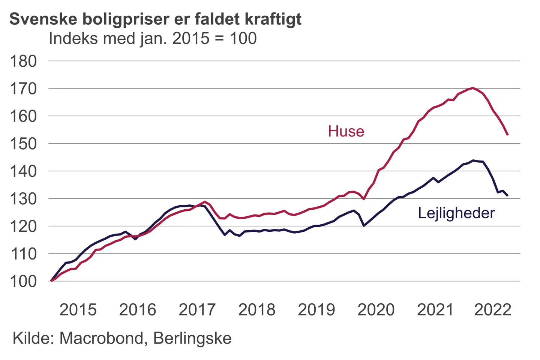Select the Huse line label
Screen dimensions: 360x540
point(346,131)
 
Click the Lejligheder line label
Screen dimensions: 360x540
point(456,213)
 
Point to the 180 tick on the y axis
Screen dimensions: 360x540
point(23,61)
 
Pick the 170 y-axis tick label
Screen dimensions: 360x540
point(23,89)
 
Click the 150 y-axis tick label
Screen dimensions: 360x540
point(23,144)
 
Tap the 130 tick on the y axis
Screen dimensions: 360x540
point(23,199)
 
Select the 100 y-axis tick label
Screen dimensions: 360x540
point(23,281)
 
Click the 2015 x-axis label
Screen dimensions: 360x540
point(78,310)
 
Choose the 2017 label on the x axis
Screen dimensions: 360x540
point(197,310)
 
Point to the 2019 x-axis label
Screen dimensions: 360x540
point(316,310)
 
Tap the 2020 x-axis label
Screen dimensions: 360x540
point(376,310)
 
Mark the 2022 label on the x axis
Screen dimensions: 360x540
point(492,310)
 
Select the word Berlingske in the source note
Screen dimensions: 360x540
point(192,338)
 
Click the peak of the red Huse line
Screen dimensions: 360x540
point(473,88)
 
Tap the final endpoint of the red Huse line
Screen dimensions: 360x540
point(507,135)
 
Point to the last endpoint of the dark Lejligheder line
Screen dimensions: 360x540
point(507,196)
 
